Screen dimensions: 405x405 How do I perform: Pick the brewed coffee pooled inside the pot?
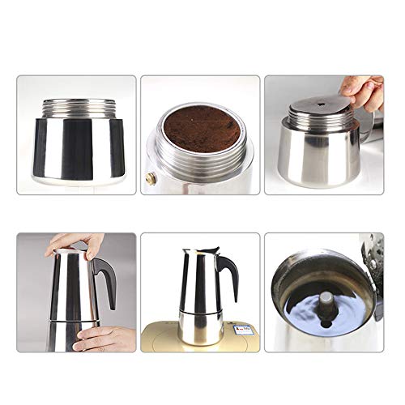pyautogui.click(x=320, y=312)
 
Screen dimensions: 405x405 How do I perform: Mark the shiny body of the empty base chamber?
pyautogui.click(x=79, y=150)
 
